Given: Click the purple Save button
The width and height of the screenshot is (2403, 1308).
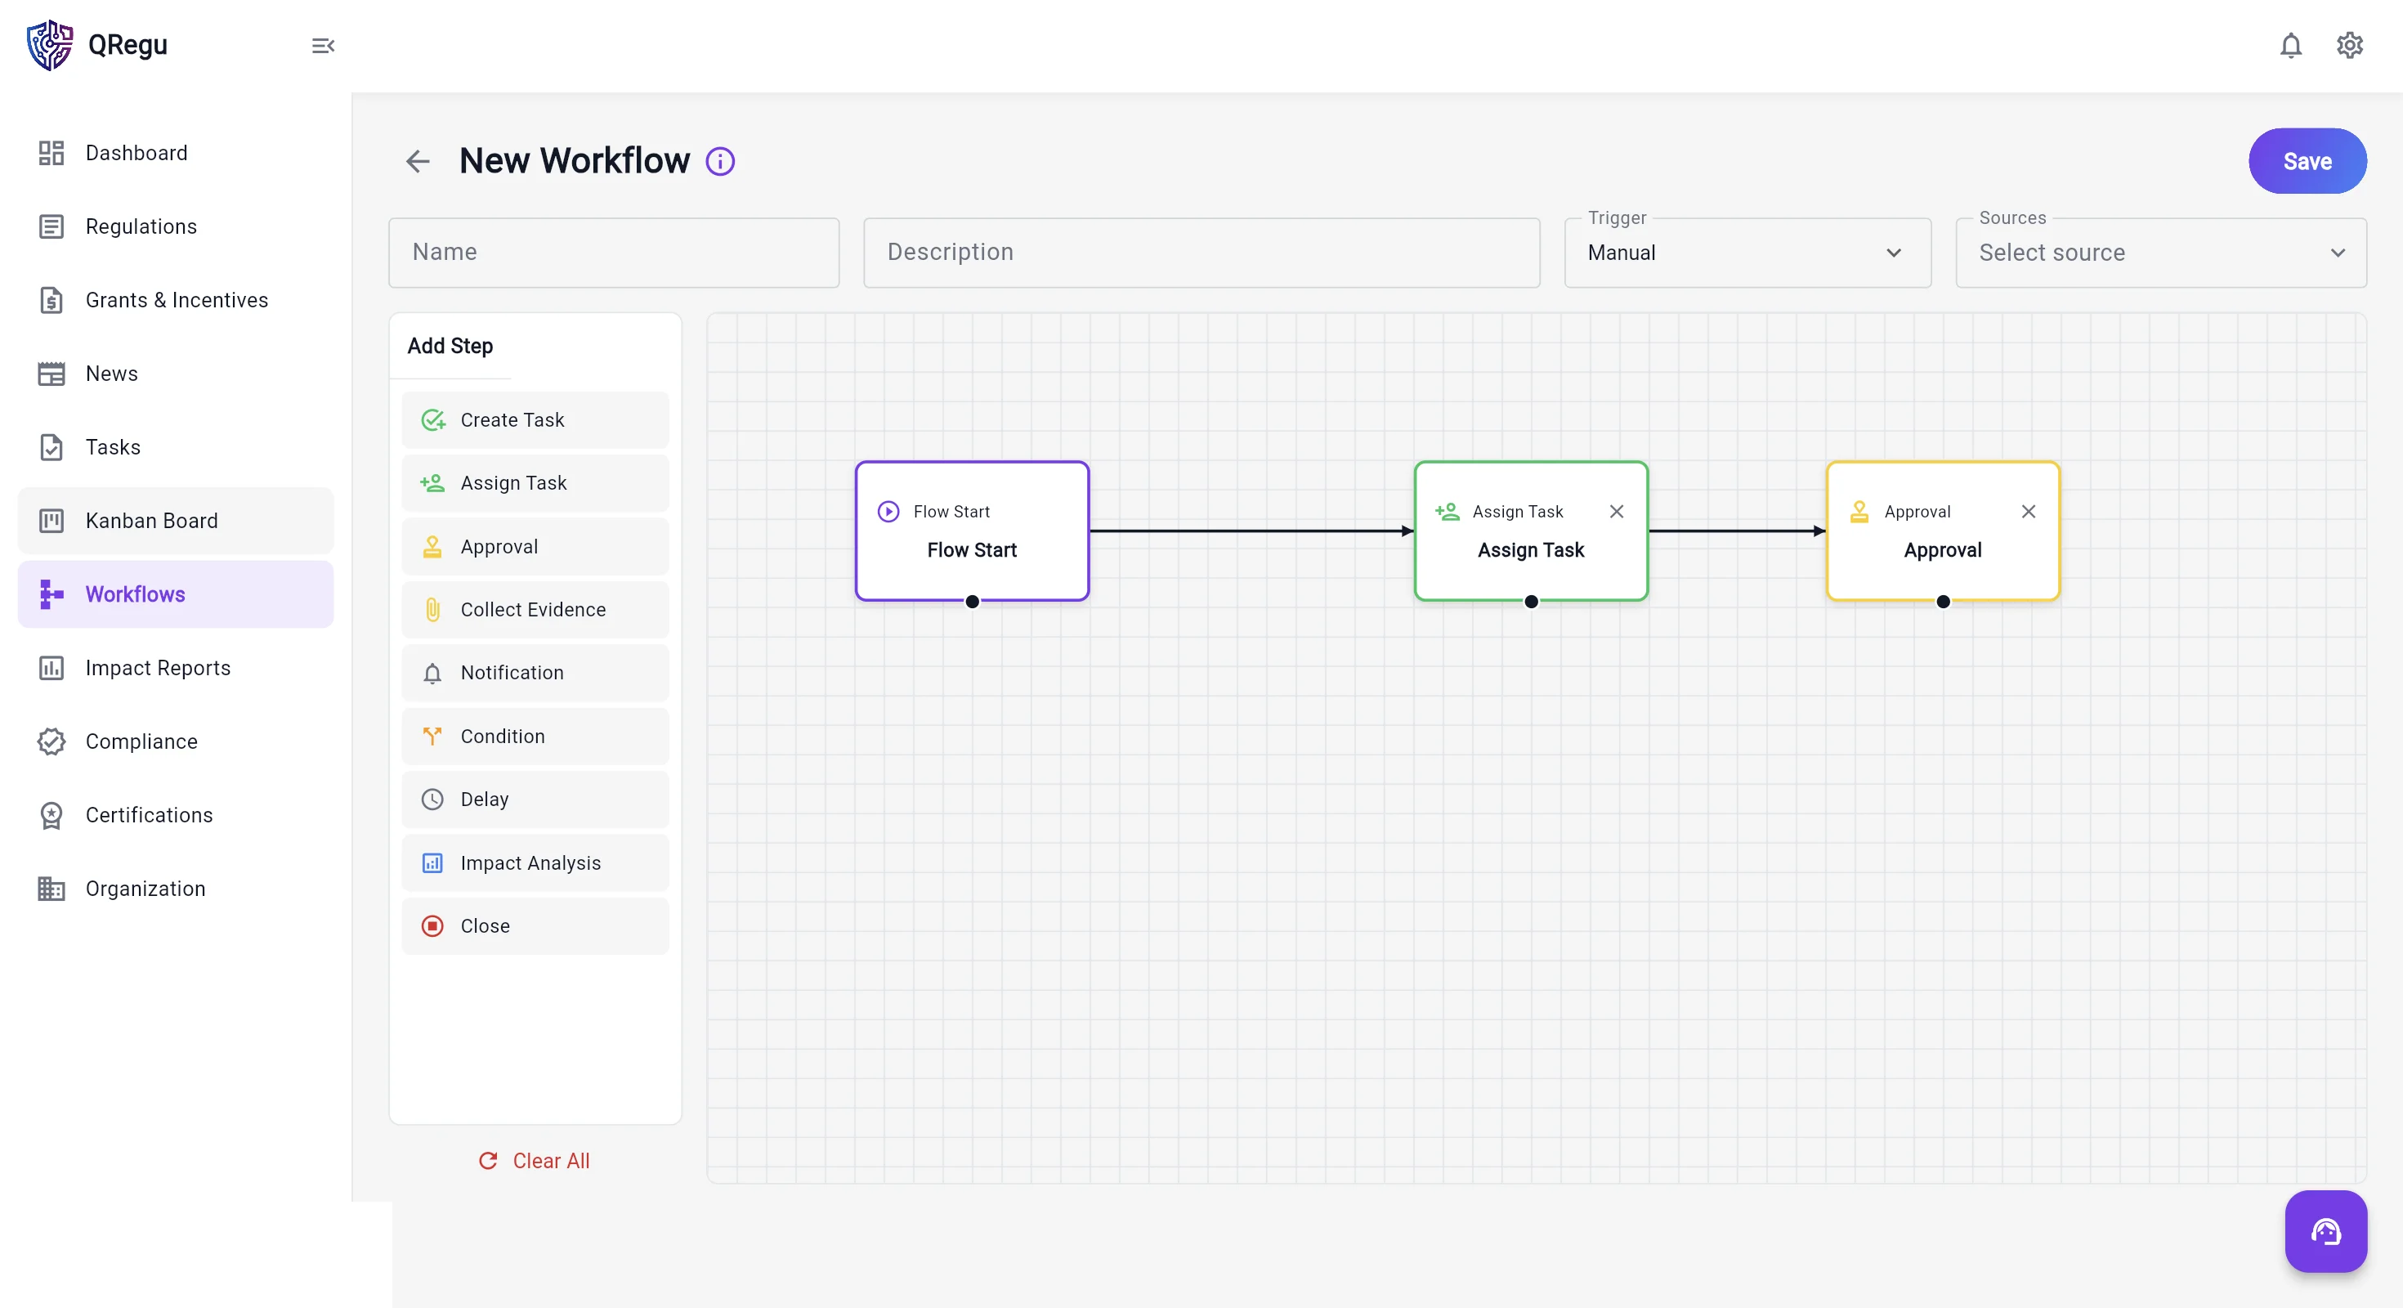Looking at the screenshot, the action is point(2307,160).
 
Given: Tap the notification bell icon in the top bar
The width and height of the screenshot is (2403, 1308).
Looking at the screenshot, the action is point(2291,45).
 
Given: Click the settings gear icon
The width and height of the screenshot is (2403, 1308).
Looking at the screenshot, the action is point(2349,45).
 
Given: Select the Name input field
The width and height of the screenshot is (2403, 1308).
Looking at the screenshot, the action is point(614,252).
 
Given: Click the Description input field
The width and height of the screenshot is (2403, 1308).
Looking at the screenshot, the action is point(1201,252).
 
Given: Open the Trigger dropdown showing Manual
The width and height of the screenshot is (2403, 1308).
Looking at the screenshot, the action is point(1747,252).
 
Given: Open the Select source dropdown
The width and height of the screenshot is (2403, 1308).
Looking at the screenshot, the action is point(2160,252).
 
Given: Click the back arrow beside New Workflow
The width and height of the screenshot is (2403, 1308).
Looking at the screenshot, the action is point(418,161).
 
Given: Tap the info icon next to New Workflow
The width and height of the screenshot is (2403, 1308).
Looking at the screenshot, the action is point(720,161).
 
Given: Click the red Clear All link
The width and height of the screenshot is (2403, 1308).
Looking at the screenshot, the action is point(535,1160).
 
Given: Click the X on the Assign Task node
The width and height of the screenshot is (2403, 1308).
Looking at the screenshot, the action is point(1617,511).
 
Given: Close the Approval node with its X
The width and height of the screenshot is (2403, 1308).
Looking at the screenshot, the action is point(2028,511).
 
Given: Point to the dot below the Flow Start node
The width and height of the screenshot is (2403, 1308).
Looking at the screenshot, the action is point(972,602).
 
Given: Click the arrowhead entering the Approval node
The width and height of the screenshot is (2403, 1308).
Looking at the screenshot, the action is point(1819,531).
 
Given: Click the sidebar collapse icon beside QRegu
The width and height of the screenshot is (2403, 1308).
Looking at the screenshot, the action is point(323,46).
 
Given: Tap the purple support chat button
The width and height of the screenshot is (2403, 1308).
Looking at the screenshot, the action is point(2325,1231).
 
